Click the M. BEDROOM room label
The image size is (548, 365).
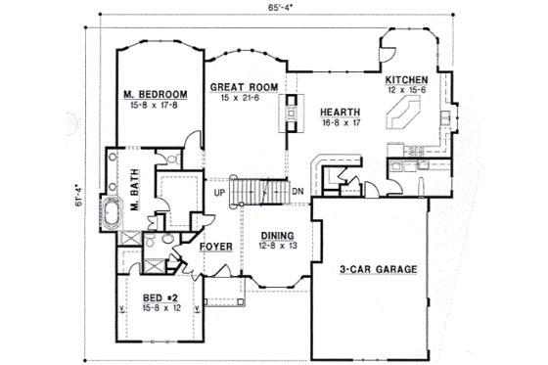point(156,94)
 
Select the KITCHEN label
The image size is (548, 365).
point(406,79)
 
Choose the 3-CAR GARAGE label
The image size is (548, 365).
point(380,268)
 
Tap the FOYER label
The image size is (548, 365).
point(215,247)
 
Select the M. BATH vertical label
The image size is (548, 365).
point(135,185)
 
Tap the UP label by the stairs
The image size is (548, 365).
point(222,193)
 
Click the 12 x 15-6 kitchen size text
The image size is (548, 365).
point(406,89)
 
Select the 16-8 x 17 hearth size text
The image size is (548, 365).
point(341,123)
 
